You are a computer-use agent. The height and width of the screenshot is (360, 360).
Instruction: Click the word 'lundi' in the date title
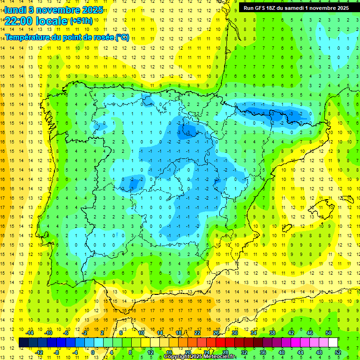tap(15, 9)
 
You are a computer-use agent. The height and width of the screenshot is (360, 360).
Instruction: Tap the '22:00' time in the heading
tap(19, 21)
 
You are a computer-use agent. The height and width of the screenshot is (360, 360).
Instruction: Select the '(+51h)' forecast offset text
tap(81, 21)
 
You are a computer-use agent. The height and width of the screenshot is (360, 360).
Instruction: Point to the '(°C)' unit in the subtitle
tap(122, 37)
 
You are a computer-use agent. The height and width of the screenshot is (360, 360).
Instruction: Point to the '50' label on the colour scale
tap(328, 333)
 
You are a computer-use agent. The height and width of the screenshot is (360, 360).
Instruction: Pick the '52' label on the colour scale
tap(338, 352)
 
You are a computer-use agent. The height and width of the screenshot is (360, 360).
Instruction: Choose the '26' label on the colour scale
tap(216, 333)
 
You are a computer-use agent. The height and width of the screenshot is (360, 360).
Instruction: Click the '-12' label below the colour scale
tap(39, 352)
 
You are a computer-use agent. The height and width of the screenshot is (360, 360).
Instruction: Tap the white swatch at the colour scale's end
tap(333, 342)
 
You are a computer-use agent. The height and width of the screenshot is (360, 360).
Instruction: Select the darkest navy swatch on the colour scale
tap(23, 342)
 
